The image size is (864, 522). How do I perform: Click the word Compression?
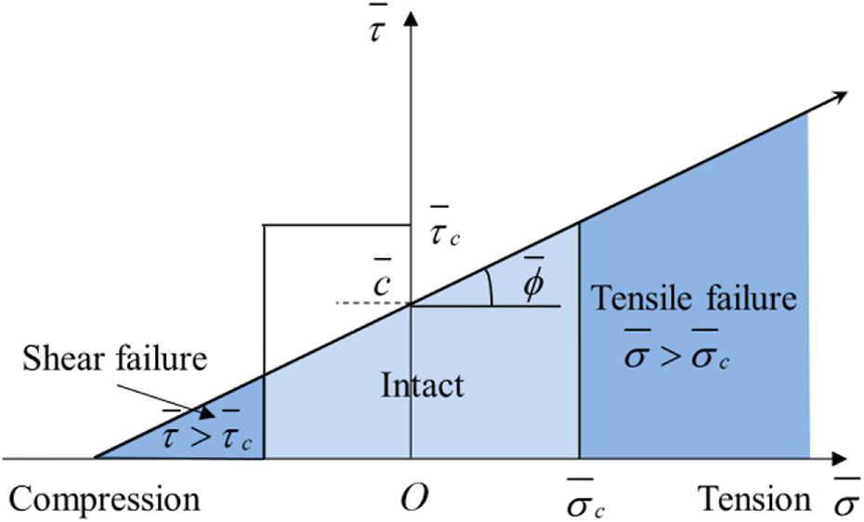point(105,501)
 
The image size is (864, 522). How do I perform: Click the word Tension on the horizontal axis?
point(754,501)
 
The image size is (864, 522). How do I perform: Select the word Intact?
point(422,385)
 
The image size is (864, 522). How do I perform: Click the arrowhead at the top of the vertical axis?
point(410,17)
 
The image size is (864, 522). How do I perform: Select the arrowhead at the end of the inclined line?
point(840,97)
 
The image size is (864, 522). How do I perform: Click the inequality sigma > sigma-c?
point(676,357)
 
